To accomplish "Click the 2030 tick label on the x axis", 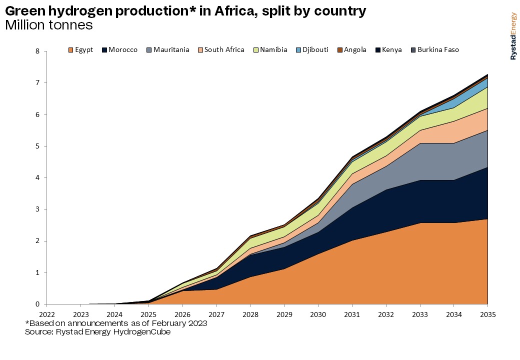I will [x=318, y=315].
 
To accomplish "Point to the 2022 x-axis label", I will [x=46, y=315].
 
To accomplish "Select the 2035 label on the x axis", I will [x=487, y=315].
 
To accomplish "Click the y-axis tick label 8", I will [x=37, y=51].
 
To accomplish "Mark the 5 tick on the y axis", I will [x=37, y=146].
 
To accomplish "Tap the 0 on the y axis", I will [x=37, y=304].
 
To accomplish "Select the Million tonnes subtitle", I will [x=48, y=24].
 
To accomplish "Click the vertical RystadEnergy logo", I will [x=513, y=36].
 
